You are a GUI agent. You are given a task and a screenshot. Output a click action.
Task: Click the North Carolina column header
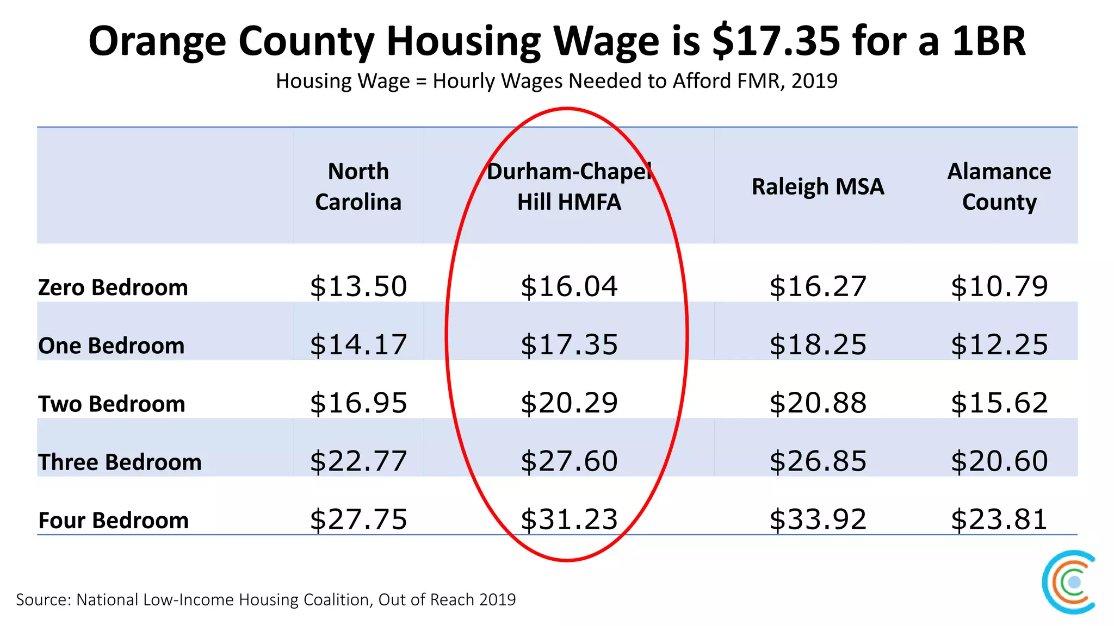pos(358,186)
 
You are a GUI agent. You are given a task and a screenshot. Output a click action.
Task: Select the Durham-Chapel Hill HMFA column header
pos(569,186)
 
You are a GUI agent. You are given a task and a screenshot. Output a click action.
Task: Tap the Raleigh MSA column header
pos(818,186)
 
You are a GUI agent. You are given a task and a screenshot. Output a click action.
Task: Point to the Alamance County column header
pos(999,186)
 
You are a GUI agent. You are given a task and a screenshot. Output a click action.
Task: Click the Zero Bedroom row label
pos(113,287)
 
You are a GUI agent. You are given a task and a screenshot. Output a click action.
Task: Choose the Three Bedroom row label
pos(120,462)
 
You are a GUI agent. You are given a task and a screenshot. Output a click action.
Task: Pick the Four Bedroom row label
pos(113,520)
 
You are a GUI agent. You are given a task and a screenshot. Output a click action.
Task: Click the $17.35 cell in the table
pos(569,345)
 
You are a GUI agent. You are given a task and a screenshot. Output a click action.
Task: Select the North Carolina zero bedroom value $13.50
pos(358,286)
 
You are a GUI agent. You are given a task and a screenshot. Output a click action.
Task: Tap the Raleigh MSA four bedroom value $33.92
pos(818,519)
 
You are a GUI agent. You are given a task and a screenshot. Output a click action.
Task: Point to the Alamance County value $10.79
pos(999,286)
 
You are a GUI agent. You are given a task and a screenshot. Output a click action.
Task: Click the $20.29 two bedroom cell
pos(569,403)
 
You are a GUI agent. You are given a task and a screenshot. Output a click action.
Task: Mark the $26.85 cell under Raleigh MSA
pos(818,461)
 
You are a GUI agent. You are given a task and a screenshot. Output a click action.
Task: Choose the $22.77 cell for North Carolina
pos(358,461)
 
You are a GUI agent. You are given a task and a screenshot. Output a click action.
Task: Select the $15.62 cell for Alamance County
pos(999,403)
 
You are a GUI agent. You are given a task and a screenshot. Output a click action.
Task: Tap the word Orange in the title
pos(157,41)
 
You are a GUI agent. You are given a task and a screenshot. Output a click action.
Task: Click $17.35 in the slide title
pos(777,41)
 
